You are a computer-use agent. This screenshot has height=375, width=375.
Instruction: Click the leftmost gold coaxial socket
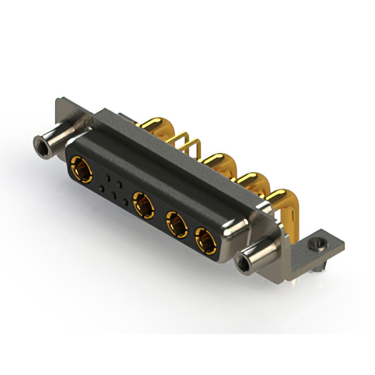81,171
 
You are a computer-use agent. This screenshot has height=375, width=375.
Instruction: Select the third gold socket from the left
176,223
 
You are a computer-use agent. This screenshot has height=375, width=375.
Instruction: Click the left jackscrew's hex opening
41,142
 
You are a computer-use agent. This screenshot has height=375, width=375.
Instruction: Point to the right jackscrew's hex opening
241,265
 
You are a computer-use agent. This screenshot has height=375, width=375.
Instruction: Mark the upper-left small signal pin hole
108,175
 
